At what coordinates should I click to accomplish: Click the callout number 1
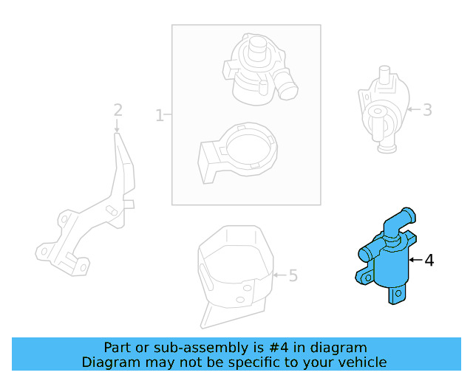click(x=160, y=115)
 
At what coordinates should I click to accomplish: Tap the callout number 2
click(x=118, y=110)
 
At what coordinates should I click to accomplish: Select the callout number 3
click(x=427, y=110)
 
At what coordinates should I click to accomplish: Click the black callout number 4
click(x=429, y=260)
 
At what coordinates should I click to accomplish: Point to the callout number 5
click(x=293, y=275)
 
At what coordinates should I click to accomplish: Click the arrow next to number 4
click(x=415, y=260)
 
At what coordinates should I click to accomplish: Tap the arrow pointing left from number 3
click(x=414, y=109)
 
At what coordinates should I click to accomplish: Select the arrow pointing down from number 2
click(x=117, y=126)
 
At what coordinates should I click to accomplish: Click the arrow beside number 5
click(x=279, y=275)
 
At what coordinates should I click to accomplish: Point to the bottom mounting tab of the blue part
click(x=396, y=295)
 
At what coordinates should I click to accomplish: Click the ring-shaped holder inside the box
click(x=238, y=153)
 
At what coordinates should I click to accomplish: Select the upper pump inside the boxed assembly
click(x=259, y=69)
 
